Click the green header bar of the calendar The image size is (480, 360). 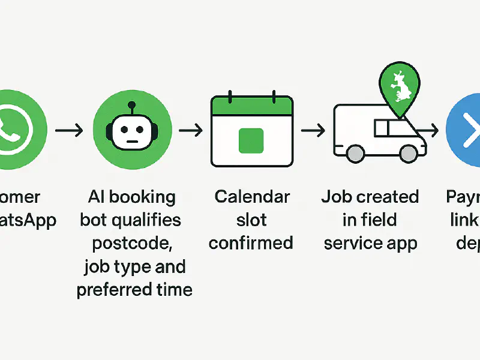(251, 108)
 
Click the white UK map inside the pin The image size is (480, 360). (400, 85)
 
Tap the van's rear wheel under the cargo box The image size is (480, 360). (355, 154)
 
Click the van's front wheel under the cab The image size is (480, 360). (409, 154)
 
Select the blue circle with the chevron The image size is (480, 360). (466, 128)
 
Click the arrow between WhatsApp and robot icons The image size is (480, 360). (68, 130)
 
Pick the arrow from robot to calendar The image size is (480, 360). (191, 130)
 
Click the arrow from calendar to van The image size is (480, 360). (313, 130)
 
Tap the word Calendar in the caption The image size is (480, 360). (252, 197)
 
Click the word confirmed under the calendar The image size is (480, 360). (251, 243)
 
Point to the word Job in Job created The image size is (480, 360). (336, 197)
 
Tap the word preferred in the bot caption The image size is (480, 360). (112, 289)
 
